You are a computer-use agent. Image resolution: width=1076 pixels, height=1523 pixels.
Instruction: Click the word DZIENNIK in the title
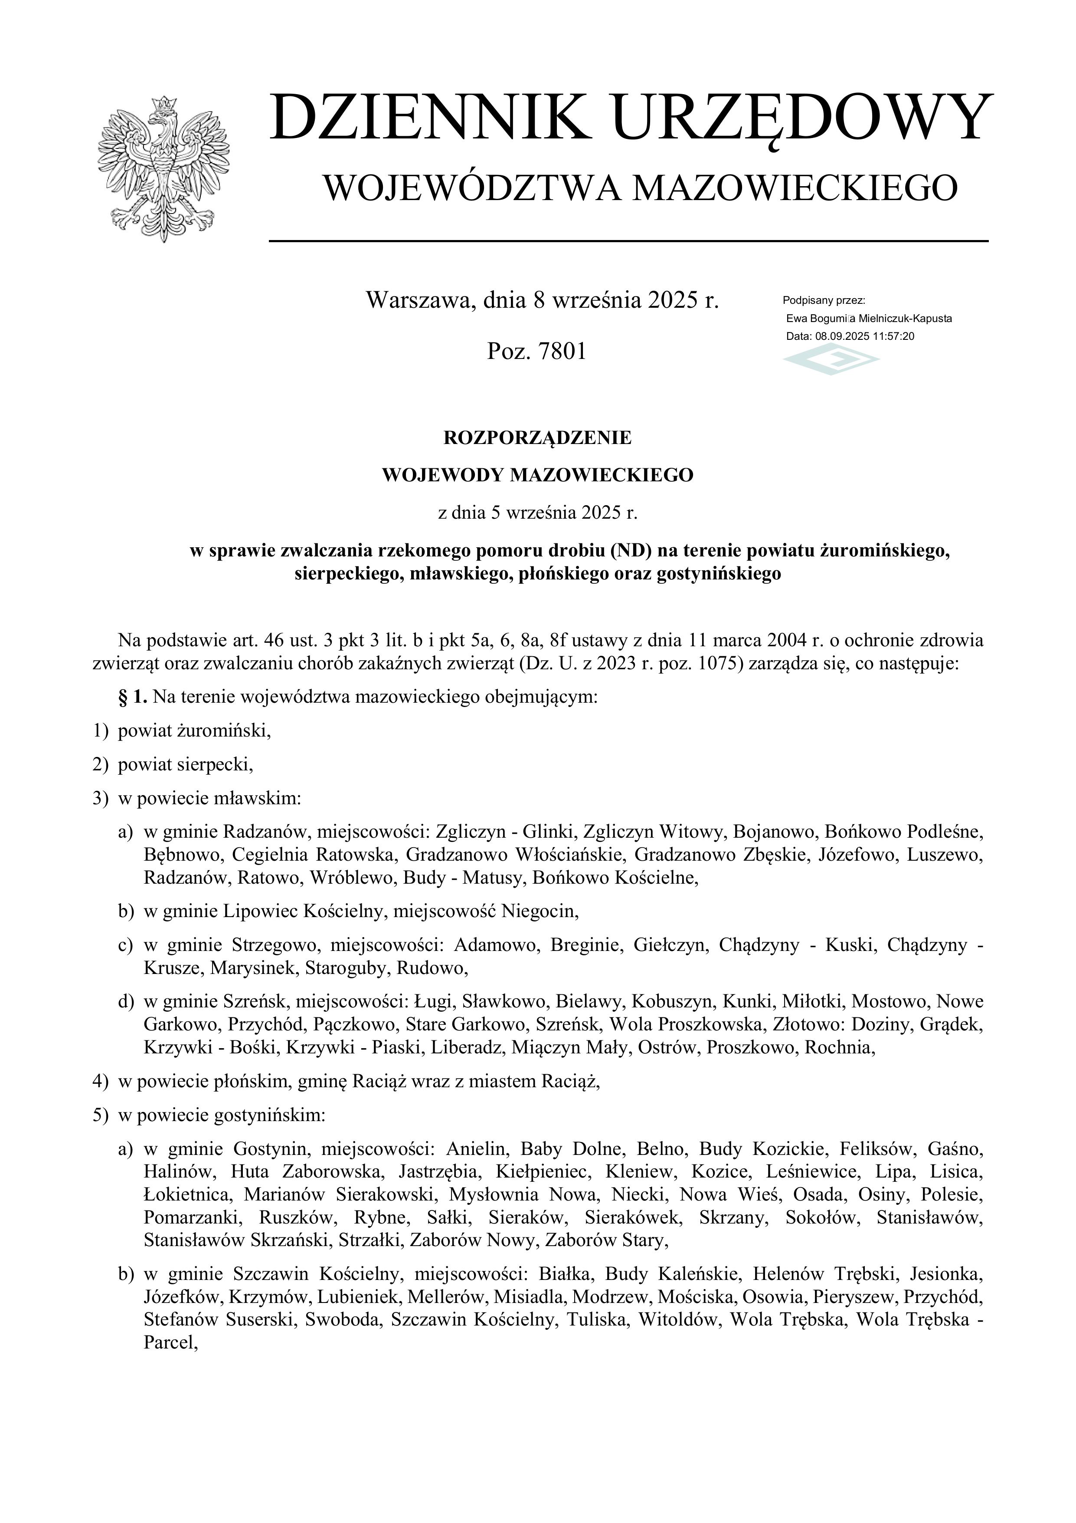[429, 118]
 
